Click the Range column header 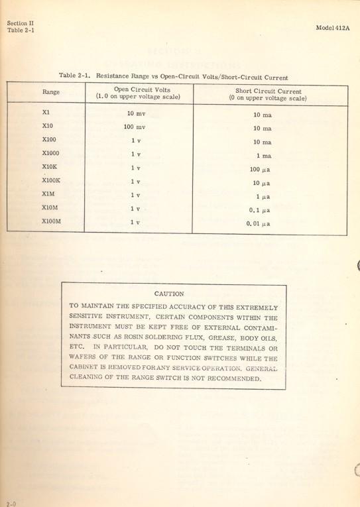(x=51, y=93)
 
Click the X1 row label (x=46, y=112)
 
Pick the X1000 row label (x=50, y=153)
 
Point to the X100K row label (x=51, y=180)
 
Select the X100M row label (x=51, y=221)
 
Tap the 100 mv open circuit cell (x=135, y=127)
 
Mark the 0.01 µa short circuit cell (x=257, y=225)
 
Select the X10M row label (x=50, y=207)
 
